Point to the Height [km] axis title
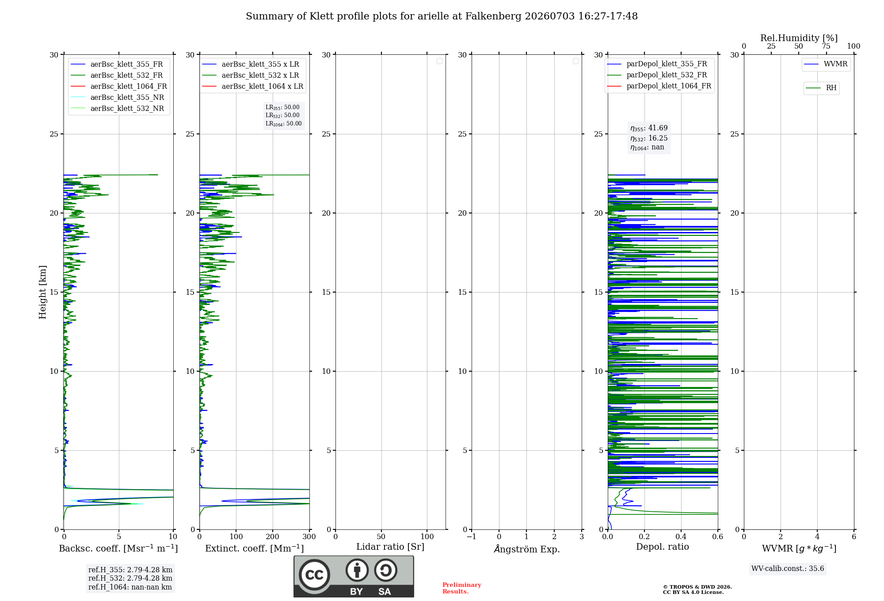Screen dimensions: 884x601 click(42, 292)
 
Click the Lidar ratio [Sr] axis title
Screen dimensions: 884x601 click(390, 547)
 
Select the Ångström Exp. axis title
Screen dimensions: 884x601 click(527, 549)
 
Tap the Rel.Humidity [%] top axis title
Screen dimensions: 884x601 click(799, 38)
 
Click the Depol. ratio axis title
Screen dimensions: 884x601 click(663, 547)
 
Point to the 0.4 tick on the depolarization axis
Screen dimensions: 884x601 click(681, 536)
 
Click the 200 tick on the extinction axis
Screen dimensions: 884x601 click(273, 536)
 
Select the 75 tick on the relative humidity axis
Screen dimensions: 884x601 click(826, 46)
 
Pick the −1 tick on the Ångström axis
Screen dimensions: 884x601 click(472, 536)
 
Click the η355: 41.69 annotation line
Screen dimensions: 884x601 click(649, 128)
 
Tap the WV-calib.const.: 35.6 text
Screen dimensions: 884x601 click(788, 569)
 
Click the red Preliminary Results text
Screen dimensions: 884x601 click(462, 588)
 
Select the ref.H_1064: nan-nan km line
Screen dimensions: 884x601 click(130, 587)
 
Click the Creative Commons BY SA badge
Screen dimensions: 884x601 click(354, 576)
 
